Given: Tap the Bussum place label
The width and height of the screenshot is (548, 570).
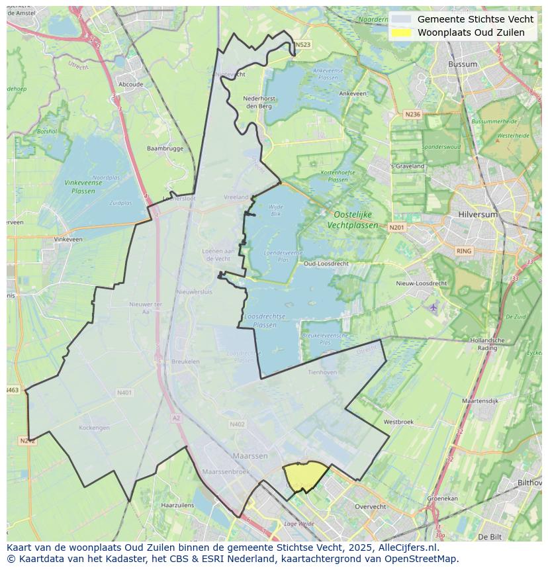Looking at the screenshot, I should (x=463, y=64).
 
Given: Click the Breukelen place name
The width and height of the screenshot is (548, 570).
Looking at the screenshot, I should (x=185, y=361).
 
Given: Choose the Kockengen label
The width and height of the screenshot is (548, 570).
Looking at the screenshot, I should (x=94, y=428).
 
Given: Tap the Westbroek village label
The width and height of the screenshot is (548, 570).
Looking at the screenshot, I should (x=398, y=422).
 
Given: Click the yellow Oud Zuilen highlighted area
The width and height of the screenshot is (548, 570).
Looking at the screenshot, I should (x=304, y=477).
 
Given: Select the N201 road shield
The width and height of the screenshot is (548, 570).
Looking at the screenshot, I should (x=396, y=228).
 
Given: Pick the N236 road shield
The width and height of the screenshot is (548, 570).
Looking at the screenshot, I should (x=412, y=115).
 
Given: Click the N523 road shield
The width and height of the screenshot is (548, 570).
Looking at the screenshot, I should (x=302, y=45).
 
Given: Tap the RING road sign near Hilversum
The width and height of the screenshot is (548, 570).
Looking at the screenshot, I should (x=464, y=251).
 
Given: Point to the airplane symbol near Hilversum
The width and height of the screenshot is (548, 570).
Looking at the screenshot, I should (x=434, y=307).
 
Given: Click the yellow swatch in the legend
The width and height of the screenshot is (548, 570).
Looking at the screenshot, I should (x=401, y=32).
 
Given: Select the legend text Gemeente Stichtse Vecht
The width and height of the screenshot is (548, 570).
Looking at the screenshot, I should (x=475, y=19).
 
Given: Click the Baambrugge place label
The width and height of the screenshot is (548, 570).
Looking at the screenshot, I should (x=165, y=149).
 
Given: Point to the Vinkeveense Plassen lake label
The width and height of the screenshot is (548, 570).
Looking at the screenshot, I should (x=89, y=187).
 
